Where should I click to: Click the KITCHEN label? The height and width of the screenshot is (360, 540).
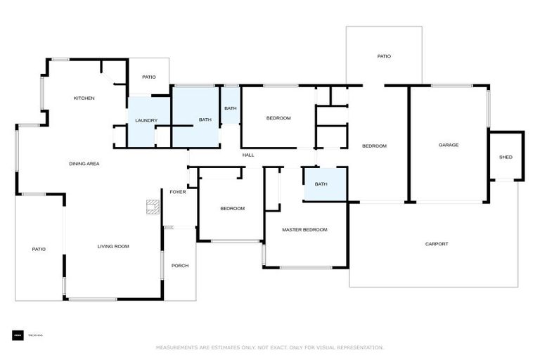coord(84,98)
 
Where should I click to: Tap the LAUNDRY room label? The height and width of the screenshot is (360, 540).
coord(146,120)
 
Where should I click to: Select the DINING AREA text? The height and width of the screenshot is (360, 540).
coord(84,164)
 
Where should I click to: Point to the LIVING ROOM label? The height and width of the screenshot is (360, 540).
coord(113,246)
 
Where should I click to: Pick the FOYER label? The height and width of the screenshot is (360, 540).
coord(177,192)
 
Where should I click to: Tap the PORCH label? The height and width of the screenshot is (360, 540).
coord(180,265)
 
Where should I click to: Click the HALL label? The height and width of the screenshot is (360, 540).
coord(248,155)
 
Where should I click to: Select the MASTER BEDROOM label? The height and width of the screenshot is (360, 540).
coord(304,229)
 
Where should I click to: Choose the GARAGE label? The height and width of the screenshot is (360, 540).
coord(449,145)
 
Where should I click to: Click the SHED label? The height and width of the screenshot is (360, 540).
coord(506,157)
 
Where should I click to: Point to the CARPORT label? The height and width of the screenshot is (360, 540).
coord(436,244)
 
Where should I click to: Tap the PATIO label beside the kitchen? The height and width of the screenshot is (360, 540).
coord(148,77)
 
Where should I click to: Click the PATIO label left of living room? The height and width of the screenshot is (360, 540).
coord(39,249)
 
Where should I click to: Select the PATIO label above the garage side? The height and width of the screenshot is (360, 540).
coord(383,56)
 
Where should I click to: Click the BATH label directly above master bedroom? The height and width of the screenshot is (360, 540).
coord(321,184)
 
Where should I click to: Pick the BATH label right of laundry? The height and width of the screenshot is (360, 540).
coord(205,120)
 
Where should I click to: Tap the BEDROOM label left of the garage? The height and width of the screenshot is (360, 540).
coord(374,146)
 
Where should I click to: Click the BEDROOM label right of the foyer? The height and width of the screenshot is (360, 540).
coord(232,208)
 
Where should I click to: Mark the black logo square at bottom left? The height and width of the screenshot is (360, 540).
coord(18,335)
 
